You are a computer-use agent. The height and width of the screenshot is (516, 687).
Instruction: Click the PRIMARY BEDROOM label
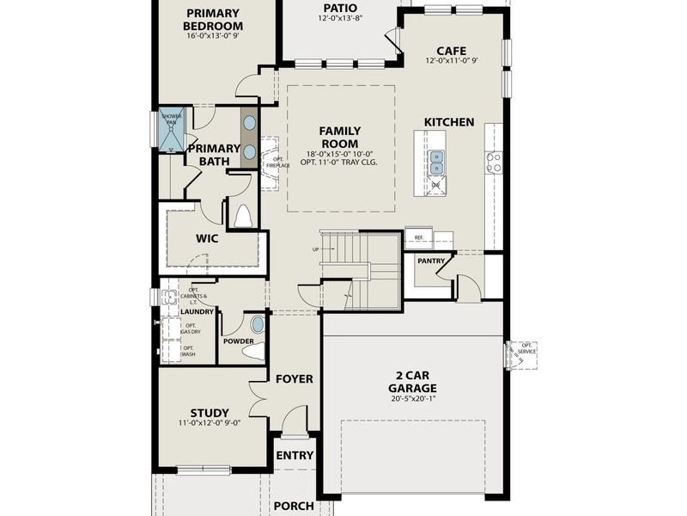coord(213,20)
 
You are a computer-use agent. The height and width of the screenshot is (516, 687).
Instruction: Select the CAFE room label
coord(451,51)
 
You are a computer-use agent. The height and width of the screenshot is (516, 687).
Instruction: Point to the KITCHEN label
coord(448,122)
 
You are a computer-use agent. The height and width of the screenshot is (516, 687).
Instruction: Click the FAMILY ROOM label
coord(339,137)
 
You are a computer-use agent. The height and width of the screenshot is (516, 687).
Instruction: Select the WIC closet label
coord(207,238)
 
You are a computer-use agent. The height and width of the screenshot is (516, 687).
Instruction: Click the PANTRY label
coord(430,261)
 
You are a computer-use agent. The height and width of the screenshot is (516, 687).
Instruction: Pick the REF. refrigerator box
coord(419,237)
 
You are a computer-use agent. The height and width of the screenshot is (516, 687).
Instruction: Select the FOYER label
coord(294,378)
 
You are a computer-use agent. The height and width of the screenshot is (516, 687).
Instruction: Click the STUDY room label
coord(210,412)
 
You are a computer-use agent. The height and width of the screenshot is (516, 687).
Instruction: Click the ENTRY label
coord(295,456)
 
